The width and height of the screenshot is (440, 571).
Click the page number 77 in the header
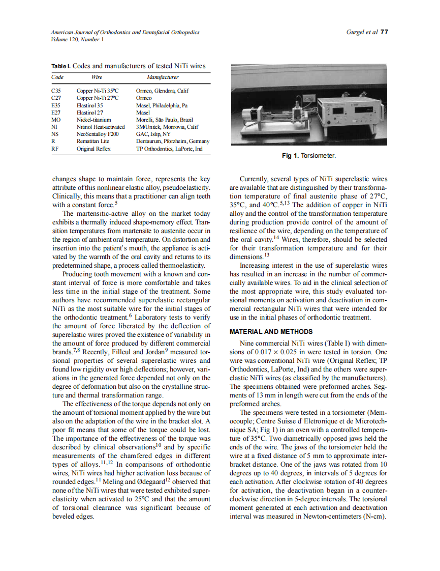[x=384, y=32]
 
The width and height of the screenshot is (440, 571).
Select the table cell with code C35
[x=56, y=91]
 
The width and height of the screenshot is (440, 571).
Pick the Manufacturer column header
[x=163, y=77]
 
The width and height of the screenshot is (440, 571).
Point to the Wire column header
[x=97, y=77]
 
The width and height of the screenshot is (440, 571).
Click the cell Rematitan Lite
[x=92, y=141]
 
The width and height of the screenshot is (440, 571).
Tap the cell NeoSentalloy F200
[x=97, y=134]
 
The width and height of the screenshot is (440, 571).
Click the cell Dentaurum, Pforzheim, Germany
[x=173, y=141]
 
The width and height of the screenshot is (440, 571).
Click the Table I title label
[x=61, y=67]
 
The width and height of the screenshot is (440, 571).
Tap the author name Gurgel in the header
[x=355, y=32]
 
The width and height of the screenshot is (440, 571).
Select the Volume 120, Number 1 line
[x=77, y=39]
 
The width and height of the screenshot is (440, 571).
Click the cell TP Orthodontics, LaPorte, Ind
[x=169, y=149]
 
